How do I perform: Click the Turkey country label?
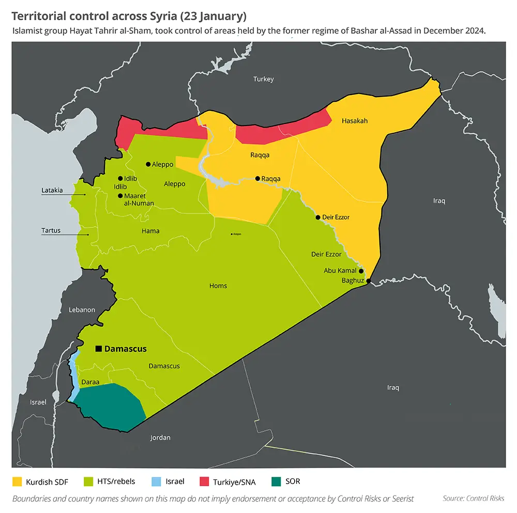coord(263,79)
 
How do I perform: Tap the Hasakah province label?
coord(355,121)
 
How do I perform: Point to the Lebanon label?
coord(82,310)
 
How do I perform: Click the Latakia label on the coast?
coord(52,191)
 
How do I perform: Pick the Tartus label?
coord(51,230)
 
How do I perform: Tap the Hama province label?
coord(150,231)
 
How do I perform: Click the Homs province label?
coord(218,286)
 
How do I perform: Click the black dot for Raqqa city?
coord(257,179)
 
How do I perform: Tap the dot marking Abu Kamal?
coord(361,271)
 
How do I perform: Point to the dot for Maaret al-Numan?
coord(120,196)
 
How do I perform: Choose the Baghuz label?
coord(353,281)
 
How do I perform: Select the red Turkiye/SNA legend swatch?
coord(206,482)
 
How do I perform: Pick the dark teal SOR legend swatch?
coord(277,482)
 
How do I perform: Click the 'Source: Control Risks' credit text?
coord(474,499)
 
